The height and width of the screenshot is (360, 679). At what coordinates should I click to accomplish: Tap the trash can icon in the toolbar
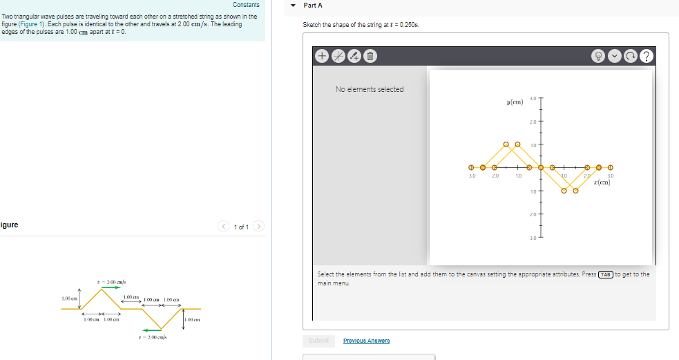tap(370, 56)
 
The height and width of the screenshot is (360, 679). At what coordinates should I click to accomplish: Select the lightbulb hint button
tap(600, 56)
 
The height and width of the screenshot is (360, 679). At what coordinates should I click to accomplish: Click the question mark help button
tap(646, 56)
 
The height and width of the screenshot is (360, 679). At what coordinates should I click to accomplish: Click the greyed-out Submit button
tap(318, 341)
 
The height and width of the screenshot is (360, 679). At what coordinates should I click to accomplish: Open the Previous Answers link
tap(366, 341)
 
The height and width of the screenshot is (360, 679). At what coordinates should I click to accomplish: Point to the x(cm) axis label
tap(600, 182)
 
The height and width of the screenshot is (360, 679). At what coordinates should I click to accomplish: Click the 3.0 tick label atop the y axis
tap(533, 99)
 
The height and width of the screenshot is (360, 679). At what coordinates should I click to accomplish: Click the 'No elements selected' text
tap(370, 89)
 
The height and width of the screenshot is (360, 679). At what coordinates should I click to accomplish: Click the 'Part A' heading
tap(313, 6)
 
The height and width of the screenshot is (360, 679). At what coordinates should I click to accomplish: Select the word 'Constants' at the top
tap(246, 5)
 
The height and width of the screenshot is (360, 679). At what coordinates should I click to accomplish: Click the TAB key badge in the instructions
tap(605, 274)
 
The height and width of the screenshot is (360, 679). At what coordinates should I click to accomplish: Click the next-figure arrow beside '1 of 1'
tap(259, 227)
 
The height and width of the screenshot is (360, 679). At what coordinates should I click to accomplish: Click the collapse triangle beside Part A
tap(294, 6)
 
